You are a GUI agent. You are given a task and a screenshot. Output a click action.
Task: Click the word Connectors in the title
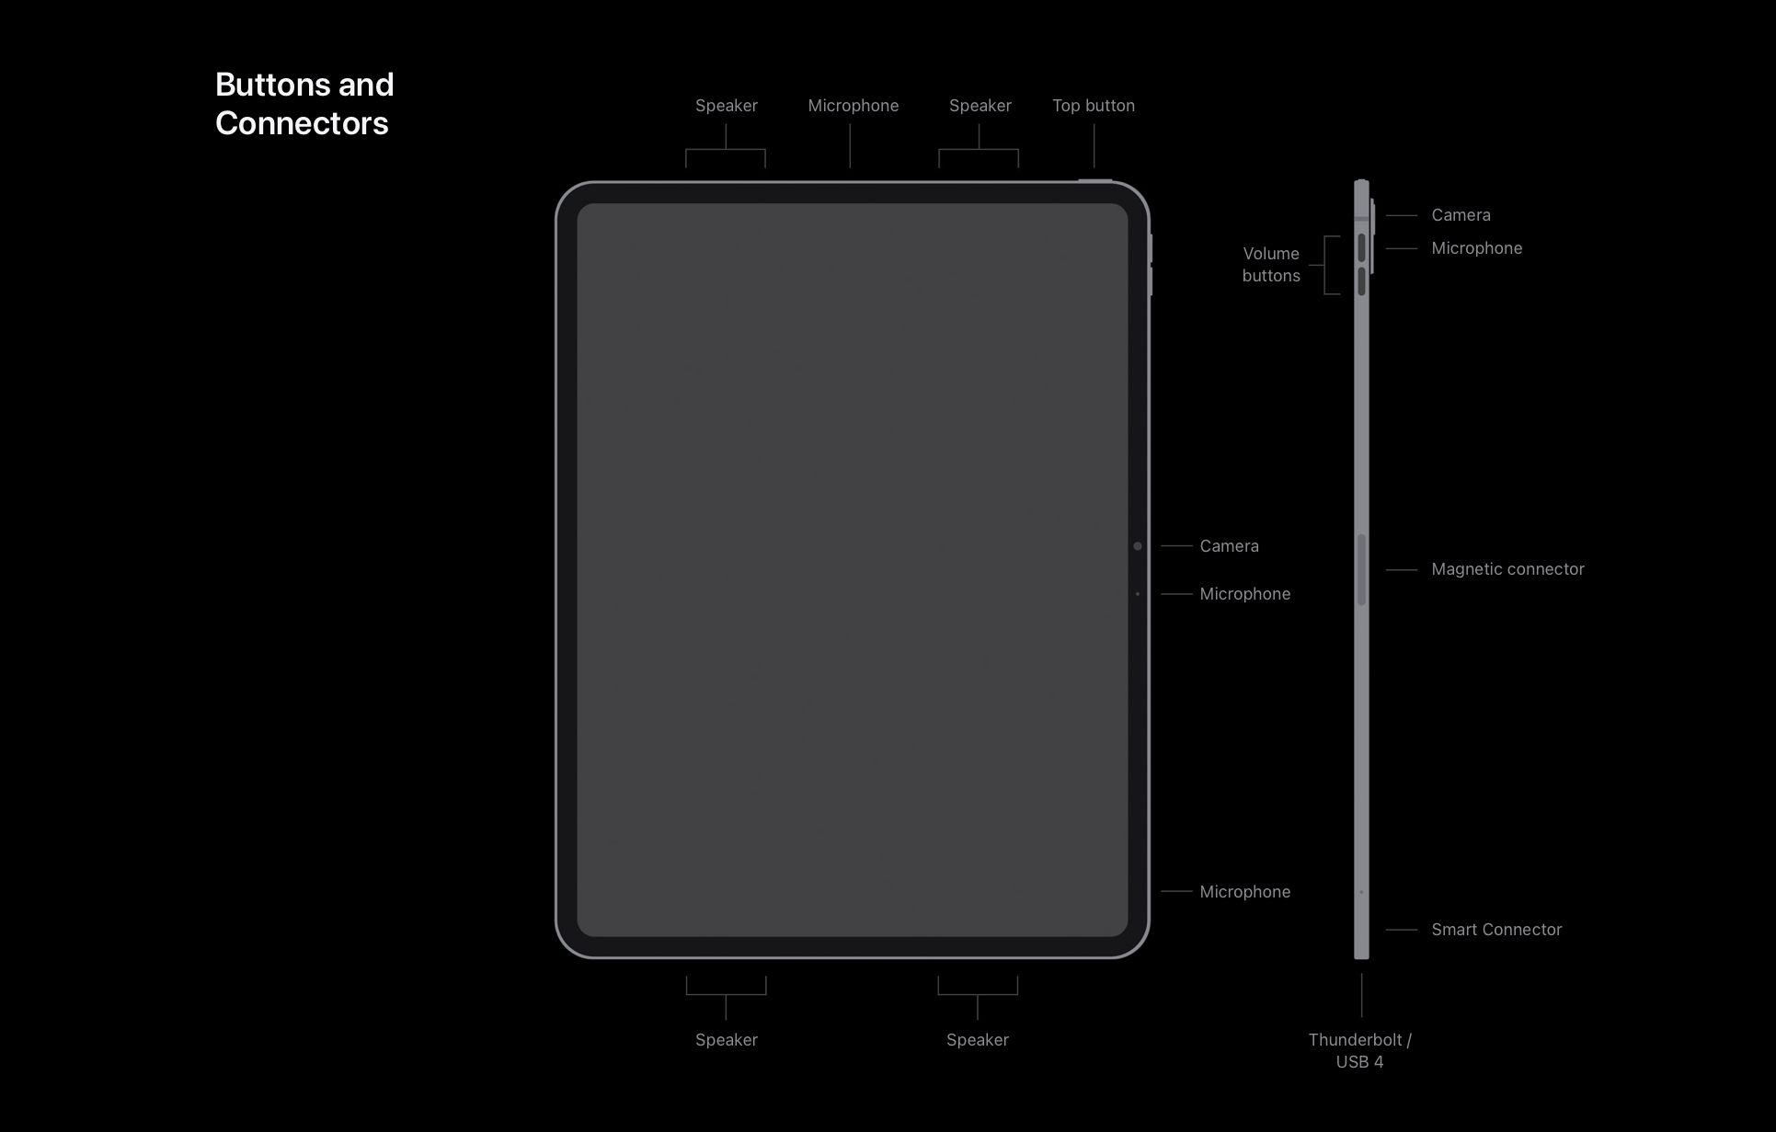[x=302, y=123]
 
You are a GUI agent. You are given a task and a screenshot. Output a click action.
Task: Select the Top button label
[x=1093, y=106]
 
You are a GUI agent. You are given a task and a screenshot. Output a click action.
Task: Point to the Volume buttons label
[x=1271, y=265]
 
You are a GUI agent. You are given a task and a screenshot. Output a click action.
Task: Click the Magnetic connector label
[x=1507, y=569]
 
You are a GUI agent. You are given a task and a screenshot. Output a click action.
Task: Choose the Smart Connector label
[x=1496, y=930]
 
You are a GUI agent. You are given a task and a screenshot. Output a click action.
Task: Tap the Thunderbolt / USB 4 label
[x=1359, y=1051]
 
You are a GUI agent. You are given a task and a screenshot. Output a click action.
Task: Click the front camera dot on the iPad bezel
[x=1138, y=546]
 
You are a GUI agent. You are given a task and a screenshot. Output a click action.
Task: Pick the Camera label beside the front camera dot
[x=1229, y=546]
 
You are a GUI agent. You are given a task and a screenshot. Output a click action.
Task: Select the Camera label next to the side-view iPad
[x=1461, y=215]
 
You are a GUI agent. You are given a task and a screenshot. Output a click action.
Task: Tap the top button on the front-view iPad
[x=1094, y=180]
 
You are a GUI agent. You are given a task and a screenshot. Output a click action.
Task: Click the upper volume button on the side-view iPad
[x=1361, y=248]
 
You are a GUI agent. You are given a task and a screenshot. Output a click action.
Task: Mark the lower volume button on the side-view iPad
[x=1361, y=281]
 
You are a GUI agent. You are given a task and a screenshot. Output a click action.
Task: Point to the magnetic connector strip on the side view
[x=1362, y=570]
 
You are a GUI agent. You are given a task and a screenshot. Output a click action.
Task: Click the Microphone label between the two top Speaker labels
[x=853, y=106]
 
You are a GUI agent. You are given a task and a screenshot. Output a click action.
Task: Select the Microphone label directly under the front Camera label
[x=1244, y=594]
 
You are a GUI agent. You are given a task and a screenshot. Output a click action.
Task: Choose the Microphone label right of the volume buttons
[x=1476, y=248]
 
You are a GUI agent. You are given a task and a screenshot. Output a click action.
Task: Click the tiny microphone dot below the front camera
[x=1138, y=594]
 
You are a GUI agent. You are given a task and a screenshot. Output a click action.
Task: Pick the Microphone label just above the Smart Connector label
[x=1244, y=892]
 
